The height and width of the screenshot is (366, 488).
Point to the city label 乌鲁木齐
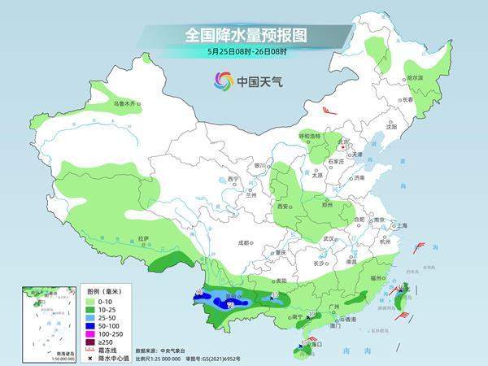(x=126, y=104)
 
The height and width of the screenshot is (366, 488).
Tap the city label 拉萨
(x=144, y=239)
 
